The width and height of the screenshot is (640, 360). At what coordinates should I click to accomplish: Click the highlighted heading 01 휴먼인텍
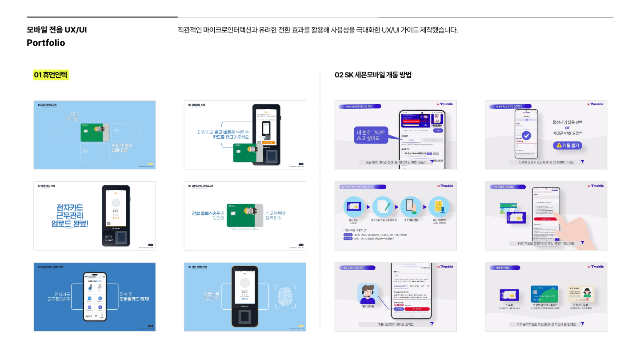(52, 75)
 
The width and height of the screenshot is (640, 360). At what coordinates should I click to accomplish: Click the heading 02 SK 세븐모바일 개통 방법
(373, 75)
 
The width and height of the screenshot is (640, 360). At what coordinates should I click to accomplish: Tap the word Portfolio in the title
(46, 43)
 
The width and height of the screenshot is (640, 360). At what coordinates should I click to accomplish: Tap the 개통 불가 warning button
(567, 145)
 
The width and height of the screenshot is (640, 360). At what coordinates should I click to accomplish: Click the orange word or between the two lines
(568, 128)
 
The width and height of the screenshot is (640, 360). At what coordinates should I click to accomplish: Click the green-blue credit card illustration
(544, 293)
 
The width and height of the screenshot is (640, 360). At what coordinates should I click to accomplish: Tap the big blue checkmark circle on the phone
(526, 135)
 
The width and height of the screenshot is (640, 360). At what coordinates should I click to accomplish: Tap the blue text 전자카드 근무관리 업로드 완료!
(70, 216)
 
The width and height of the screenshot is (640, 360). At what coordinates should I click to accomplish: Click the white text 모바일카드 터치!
(134, 299)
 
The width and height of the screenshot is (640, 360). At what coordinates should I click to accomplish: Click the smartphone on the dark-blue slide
(96, 297)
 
